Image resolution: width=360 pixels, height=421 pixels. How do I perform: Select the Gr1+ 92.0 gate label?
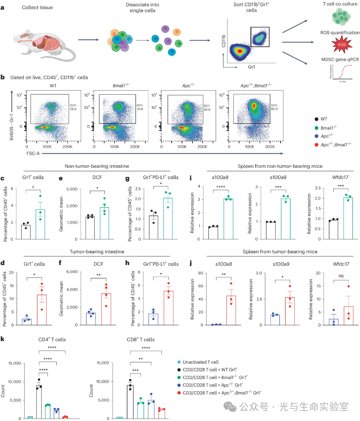pyautogui.click(x=275, y=107)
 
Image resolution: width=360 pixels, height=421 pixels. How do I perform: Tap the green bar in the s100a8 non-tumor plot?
pyautogui.click(x=228, y=219)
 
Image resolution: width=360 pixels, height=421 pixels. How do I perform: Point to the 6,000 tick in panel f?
pyautogui.click(x=77, y=272)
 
